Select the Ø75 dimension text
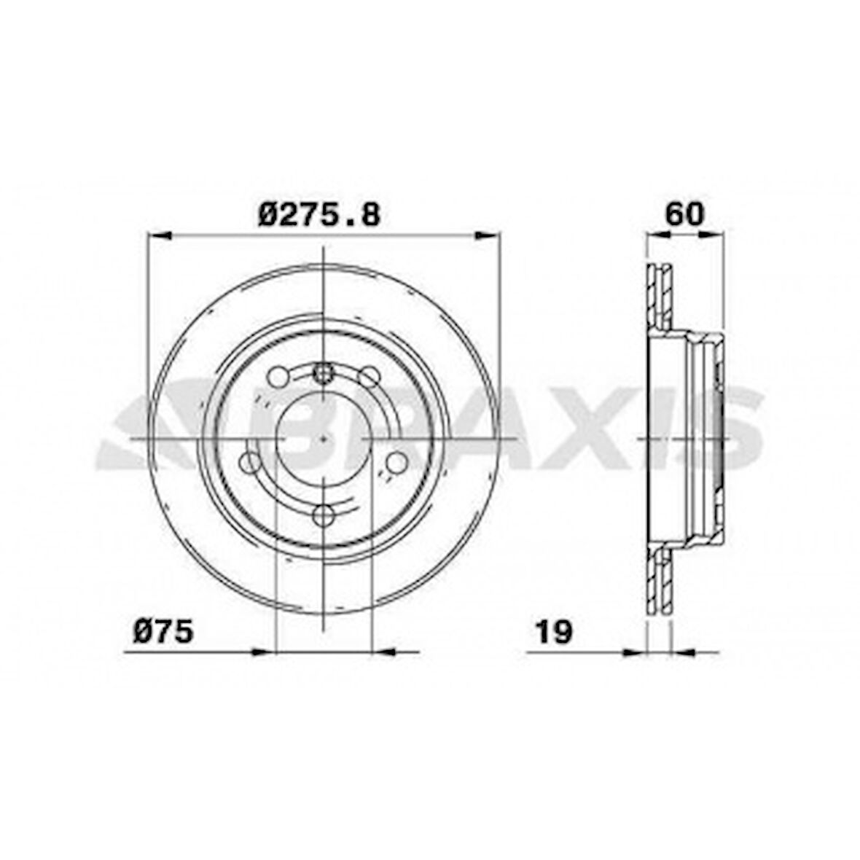point(163,631)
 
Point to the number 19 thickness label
point(554,631)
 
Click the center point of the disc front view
point(323,439)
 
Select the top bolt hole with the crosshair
point(323,374)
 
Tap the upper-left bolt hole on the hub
point(278,377)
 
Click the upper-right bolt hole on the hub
point(370,377)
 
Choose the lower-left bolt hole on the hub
point(250,461)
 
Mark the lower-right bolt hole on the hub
point(396,461)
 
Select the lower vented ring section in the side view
point(660,579)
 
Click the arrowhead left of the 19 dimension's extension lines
point(634,651)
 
